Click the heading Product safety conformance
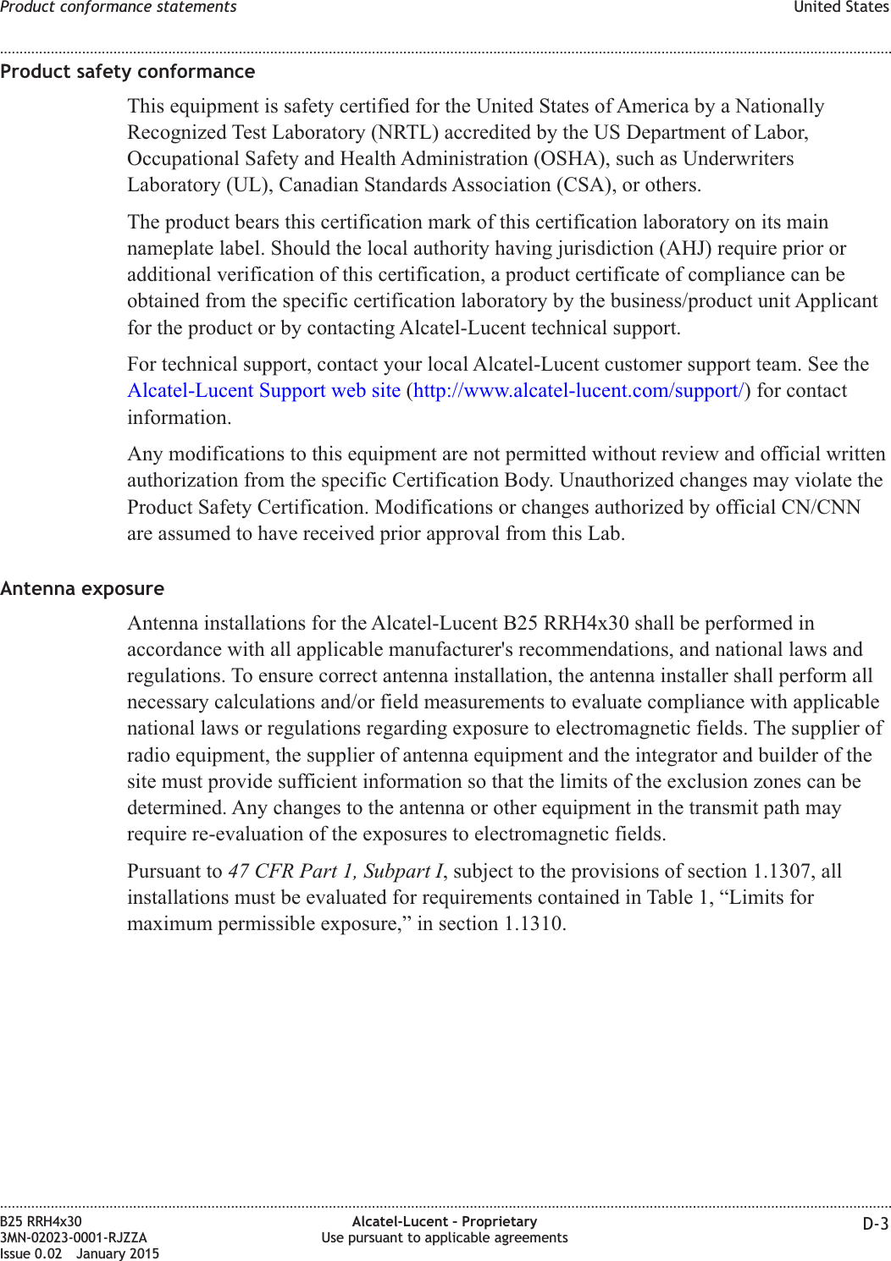click(x=127, y=72)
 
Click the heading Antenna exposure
click(x=82, y=588)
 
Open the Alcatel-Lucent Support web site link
click(x=263, y=391)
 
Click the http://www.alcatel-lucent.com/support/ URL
click(x=578, y=391)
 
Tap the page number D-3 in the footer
click(x=876, y=1224)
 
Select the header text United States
click(x=840, y=8)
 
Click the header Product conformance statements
click(x=119, y=8)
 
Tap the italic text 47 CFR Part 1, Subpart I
click(x=335, y=872)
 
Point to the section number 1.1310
click(x=533, y=924)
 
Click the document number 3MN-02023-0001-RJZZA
click(x=74, y=1237)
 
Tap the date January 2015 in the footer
click(x=118, y=1253)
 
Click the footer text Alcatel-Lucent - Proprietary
click(x=445, y=1221)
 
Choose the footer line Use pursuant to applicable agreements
click(x=445, y=1237)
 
